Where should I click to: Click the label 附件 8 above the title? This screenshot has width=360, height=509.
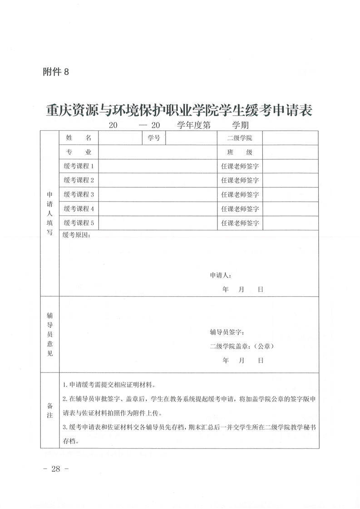[55, 71]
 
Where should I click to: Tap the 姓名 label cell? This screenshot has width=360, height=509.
[79, 138]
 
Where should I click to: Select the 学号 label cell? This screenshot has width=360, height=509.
[153, 138]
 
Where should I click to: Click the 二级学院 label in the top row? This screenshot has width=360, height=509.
[239, 138]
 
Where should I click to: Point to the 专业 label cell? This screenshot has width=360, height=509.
[79, 152]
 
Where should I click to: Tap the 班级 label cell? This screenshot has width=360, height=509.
[239, 152]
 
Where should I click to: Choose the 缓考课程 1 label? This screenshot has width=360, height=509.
[79, 166]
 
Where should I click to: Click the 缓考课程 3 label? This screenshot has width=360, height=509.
[79, 195]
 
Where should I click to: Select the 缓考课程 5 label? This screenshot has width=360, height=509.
[79, 223]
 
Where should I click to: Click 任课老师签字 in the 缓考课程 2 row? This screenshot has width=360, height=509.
[240, 180]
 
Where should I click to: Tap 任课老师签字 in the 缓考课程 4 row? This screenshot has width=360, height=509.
[240, 209]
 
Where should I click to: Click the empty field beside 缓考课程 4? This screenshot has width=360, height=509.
[158, 209]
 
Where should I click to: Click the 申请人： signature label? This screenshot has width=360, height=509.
[221, 275]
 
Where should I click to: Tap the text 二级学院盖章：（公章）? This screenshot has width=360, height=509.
[242, 346]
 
